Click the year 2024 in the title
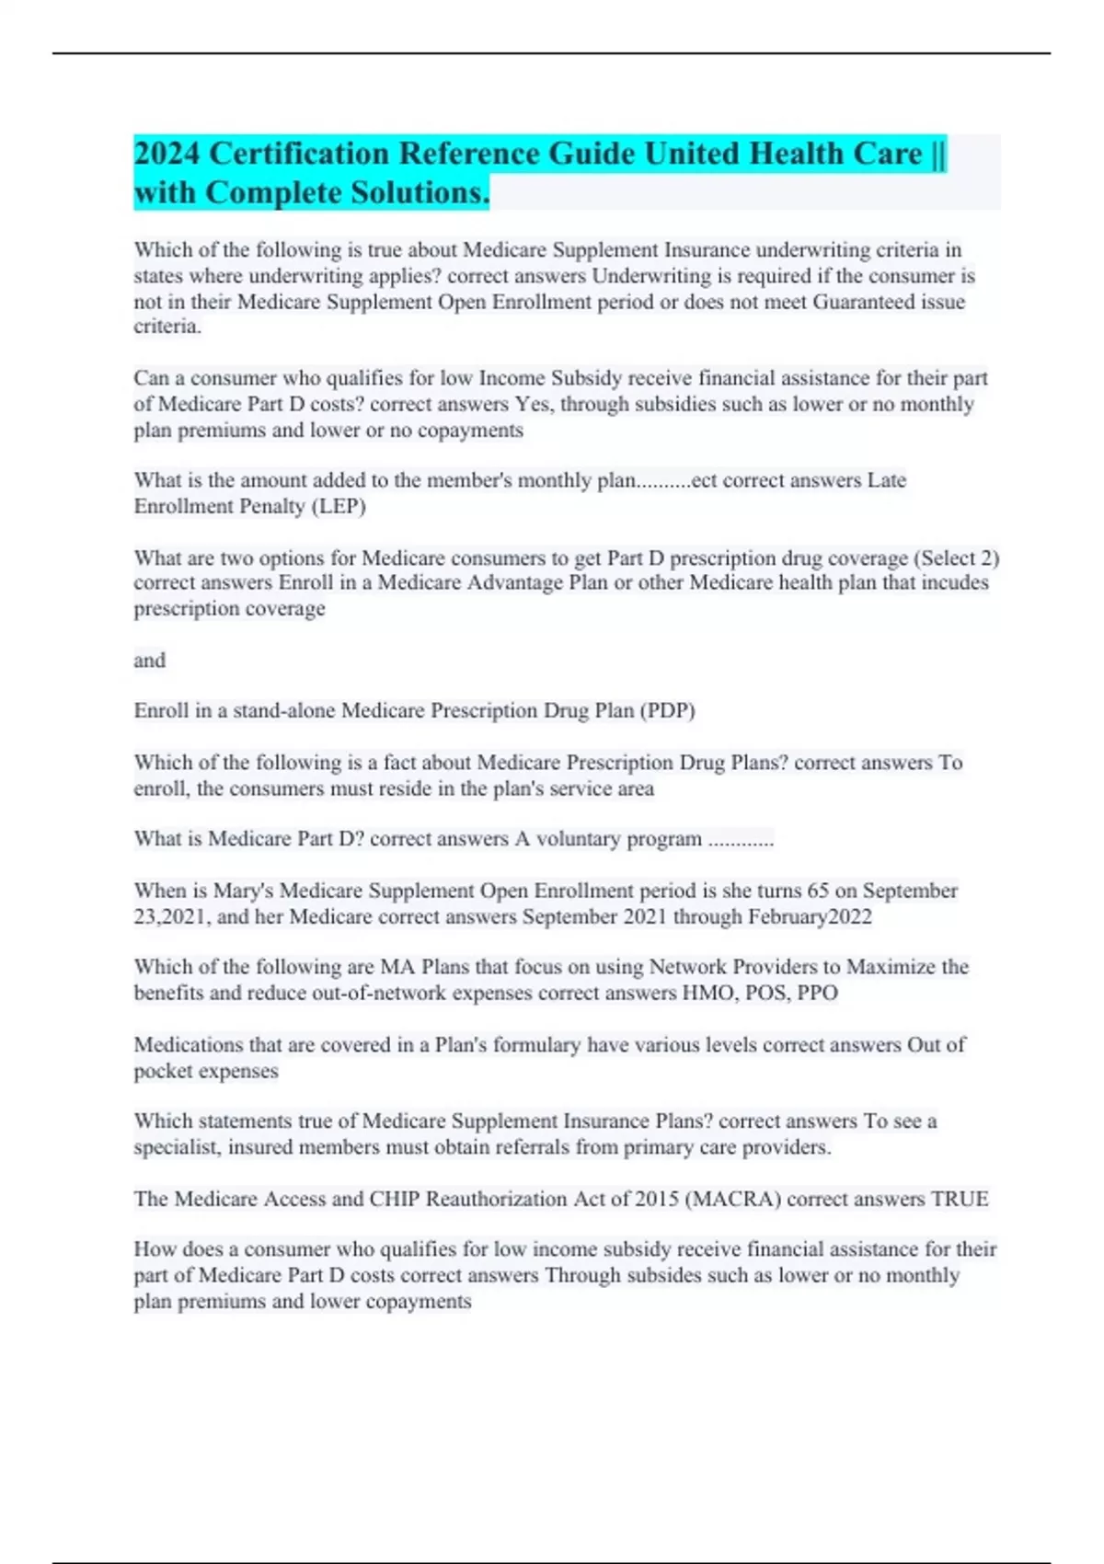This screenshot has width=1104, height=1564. click(x=167, y=154)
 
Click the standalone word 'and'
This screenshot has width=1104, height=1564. click(x=150, y=660)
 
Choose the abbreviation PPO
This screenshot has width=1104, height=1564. click(x=817, y=993)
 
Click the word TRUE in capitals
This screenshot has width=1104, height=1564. click(x=960, y=1199)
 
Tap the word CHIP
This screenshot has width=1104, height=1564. click(x=394, y=1199)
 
